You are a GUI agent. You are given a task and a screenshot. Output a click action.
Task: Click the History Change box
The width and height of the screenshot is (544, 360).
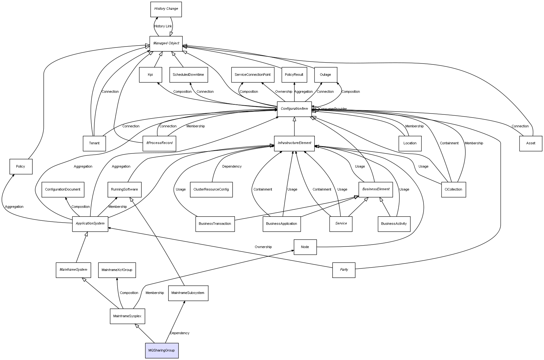tap(166, 9)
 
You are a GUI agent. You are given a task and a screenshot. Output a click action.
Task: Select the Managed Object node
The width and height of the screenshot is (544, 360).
tap(166, 43)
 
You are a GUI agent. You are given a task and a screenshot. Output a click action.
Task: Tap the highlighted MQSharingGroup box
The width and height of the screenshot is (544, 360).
tap(162, 350)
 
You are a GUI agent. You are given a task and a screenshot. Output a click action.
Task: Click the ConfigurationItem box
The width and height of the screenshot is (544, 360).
tap(294, 109)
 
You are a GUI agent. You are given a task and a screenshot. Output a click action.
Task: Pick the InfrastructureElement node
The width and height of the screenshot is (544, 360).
tap(294, 143)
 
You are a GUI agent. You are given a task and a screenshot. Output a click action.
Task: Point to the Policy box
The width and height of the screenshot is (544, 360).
tap(21, 166)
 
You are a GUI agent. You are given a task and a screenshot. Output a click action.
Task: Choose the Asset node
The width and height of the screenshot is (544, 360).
tap(530, 143)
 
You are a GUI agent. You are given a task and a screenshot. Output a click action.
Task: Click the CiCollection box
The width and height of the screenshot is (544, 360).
tap(453, 189)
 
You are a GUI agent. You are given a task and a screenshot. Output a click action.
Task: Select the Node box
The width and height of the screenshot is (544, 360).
tap(305, 247)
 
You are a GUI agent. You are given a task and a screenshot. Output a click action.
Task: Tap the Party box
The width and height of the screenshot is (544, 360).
tap(344, 270)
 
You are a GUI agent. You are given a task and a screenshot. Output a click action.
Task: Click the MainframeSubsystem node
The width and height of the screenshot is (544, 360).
tap(188, 293)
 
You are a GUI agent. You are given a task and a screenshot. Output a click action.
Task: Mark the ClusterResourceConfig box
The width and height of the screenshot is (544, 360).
tap(211, 189)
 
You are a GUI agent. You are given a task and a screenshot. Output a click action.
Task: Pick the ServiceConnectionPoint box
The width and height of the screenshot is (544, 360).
tap(253, 75)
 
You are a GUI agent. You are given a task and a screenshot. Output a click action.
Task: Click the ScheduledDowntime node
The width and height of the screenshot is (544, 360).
tap(188, 75)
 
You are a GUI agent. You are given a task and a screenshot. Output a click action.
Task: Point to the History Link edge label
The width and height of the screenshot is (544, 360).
tap(163, 26)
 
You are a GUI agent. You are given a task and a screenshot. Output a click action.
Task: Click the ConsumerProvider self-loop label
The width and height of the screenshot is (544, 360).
tap(333, 109)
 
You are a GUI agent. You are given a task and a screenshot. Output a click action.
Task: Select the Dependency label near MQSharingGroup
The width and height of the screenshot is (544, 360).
tap(180, 333)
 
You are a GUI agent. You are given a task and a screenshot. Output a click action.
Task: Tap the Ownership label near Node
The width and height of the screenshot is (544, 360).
tap(263, 247)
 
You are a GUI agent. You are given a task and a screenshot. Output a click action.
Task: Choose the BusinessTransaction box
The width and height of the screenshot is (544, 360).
tap(215, 224)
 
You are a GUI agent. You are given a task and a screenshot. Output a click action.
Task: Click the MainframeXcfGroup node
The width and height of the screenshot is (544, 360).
tap(117, 270)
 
